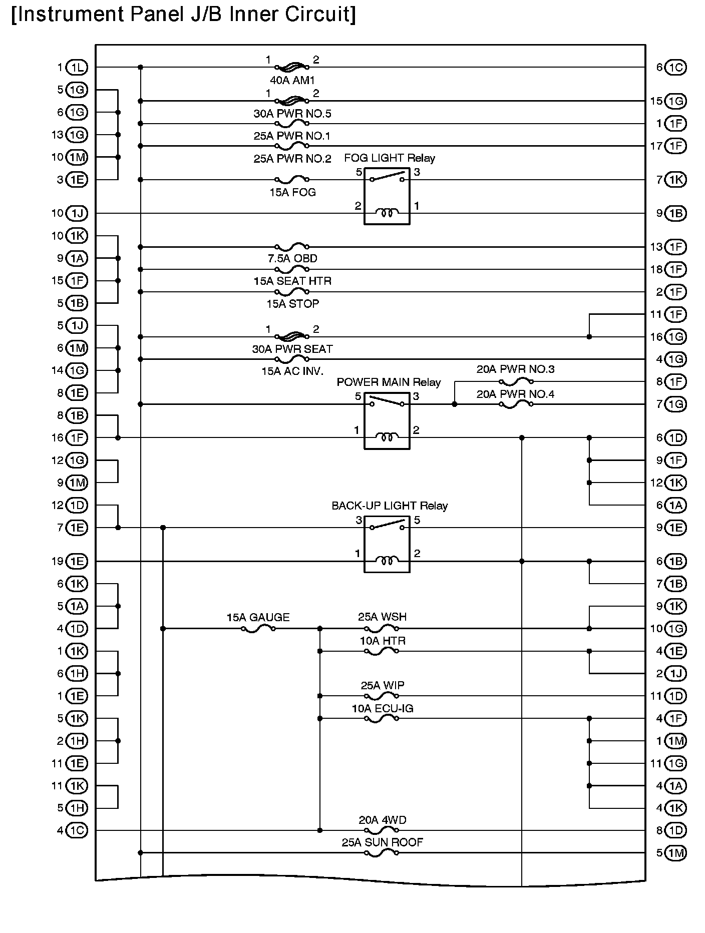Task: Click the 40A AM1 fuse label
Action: click(x=292, y=80)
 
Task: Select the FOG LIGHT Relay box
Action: click(x=387, y=196)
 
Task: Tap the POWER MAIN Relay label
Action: click(x=389, y=382)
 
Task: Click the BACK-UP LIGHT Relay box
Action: click(x=387, y=544)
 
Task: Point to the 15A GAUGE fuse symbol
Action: click(x=258, y=629)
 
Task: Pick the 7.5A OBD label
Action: click(x=292, y=259)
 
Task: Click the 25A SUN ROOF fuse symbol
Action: click(x=382, y=853)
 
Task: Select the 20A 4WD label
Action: click(x=383, y=820)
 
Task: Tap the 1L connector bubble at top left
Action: click(x=77, y=68)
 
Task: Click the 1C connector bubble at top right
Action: click(x=675, y=68)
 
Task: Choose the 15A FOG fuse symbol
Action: click(x=292, y=179)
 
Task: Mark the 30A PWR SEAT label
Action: click(x=292, y=349)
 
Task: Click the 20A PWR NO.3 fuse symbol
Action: click(x=516, y=382)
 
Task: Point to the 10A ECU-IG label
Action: click(x=383, y=709)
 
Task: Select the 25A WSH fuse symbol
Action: click(x=382, y=629)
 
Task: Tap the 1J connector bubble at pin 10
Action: click(x=77, y=214)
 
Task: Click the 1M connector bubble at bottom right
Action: click(x=675, y=853)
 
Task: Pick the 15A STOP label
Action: click(x=292, y=304)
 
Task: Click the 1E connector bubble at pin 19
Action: click(x=77, y=562)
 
